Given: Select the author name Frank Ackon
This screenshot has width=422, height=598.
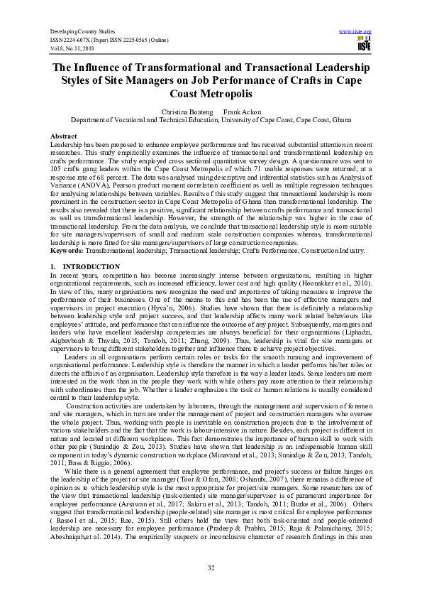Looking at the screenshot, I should click(239, 112).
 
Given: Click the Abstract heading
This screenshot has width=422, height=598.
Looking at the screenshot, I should click(63, 135).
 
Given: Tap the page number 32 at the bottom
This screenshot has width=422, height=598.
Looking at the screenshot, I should click(211, 567).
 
